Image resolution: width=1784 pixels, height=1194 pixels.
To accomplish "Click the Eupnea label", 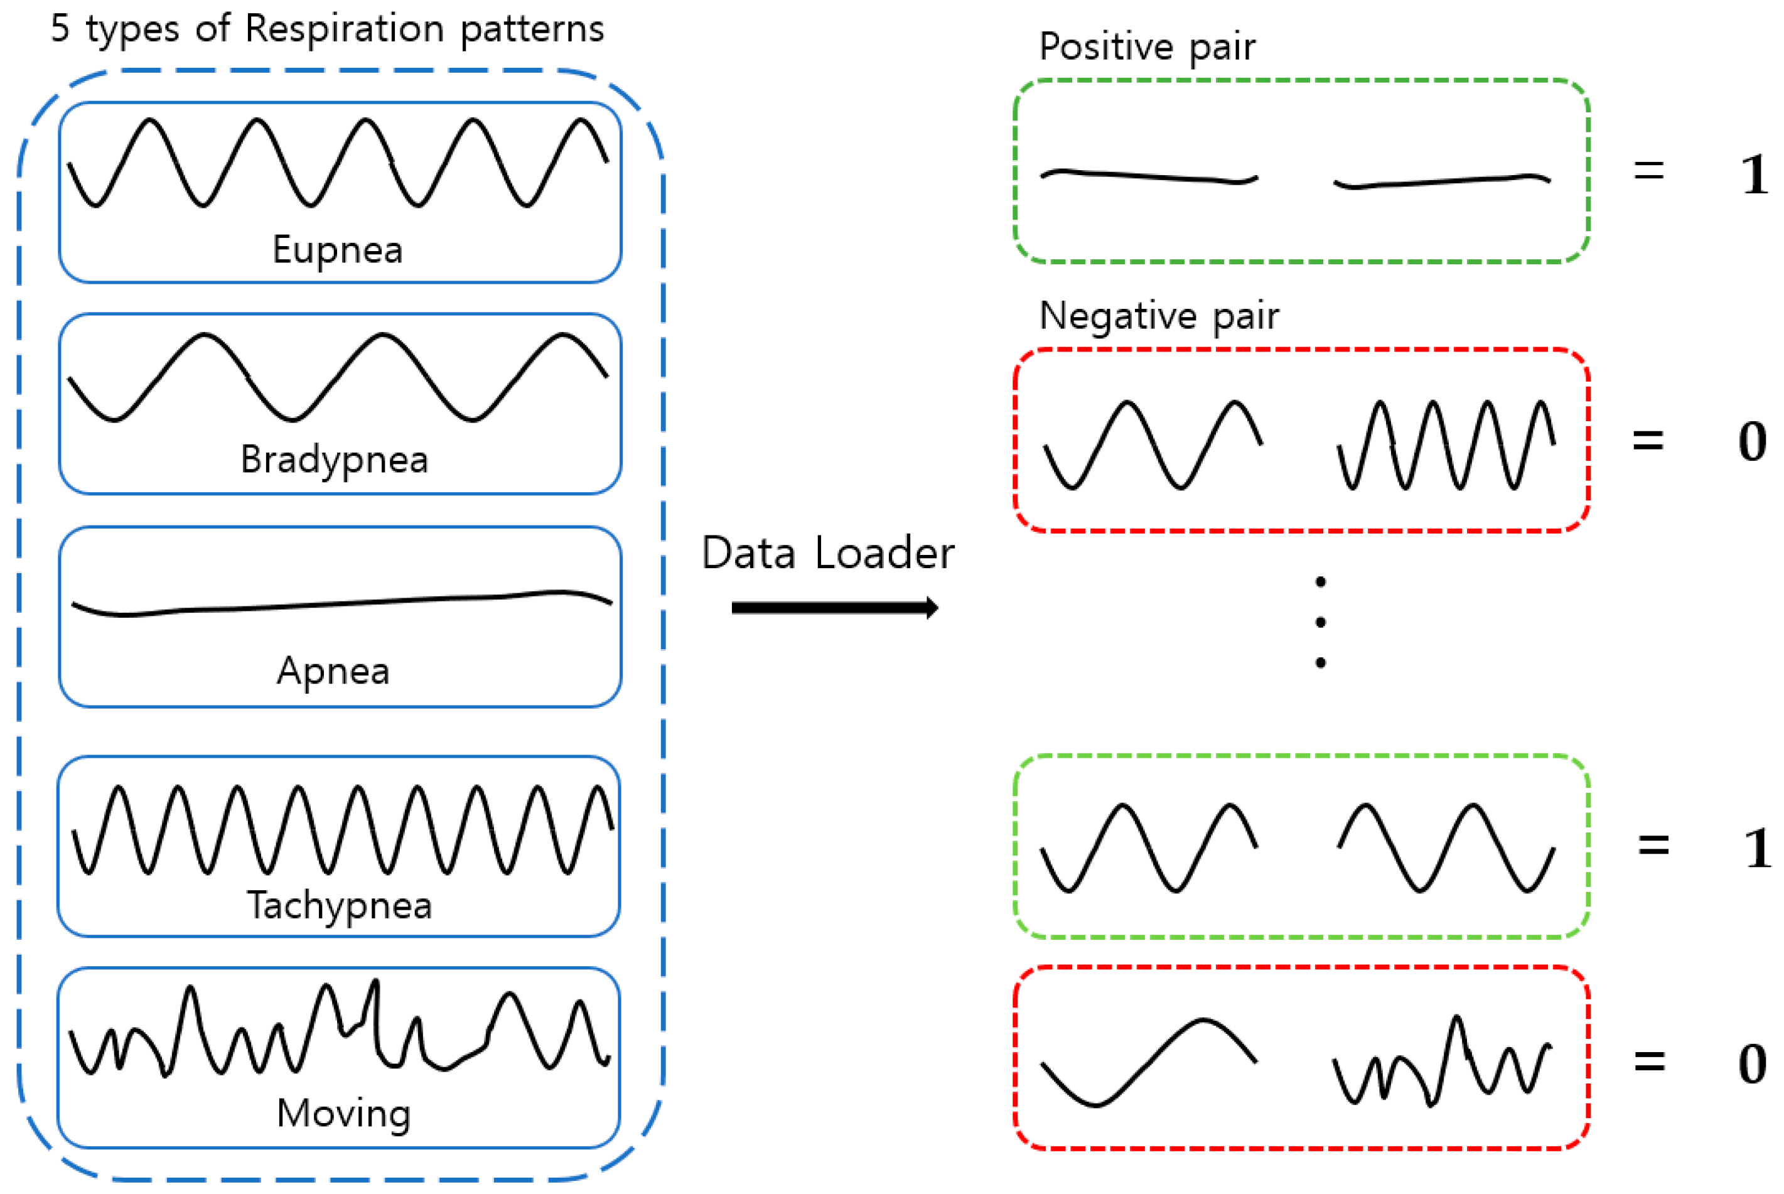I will point(337,250).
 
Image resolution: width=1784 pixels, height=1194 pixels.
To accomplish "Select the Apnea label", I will point(333,672).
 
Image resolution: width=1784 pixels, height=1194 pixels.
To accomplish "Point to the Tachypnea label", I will point(340,905).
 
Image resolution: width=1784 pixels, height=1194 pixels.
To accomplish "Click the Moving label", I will point(343,1113).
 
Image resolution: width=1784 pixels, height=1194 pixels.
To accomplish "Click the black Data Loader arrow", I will point(834,608).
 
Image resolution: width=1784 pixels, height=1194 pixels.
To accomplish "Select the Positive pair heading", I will point(1147,47).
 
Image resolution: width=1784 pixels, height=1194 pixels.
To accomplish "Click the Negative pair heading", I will point(1159,316).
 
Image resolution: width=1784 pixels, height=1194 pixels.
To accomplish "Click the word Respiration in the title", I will point(344,29).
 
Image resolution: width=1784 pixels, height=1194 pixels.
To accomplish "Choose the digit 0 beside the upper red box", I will point(1752,442).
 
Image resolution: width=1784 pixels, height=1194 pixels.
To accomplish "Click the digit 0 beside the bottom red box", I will point(1752,1064).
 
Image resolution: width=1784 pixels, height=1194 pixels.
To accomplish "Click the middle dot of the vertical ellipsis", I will point(1320,622).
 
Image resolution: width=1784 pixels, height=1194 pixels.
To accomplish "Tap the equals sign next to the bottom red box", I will point(1649,1061).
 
